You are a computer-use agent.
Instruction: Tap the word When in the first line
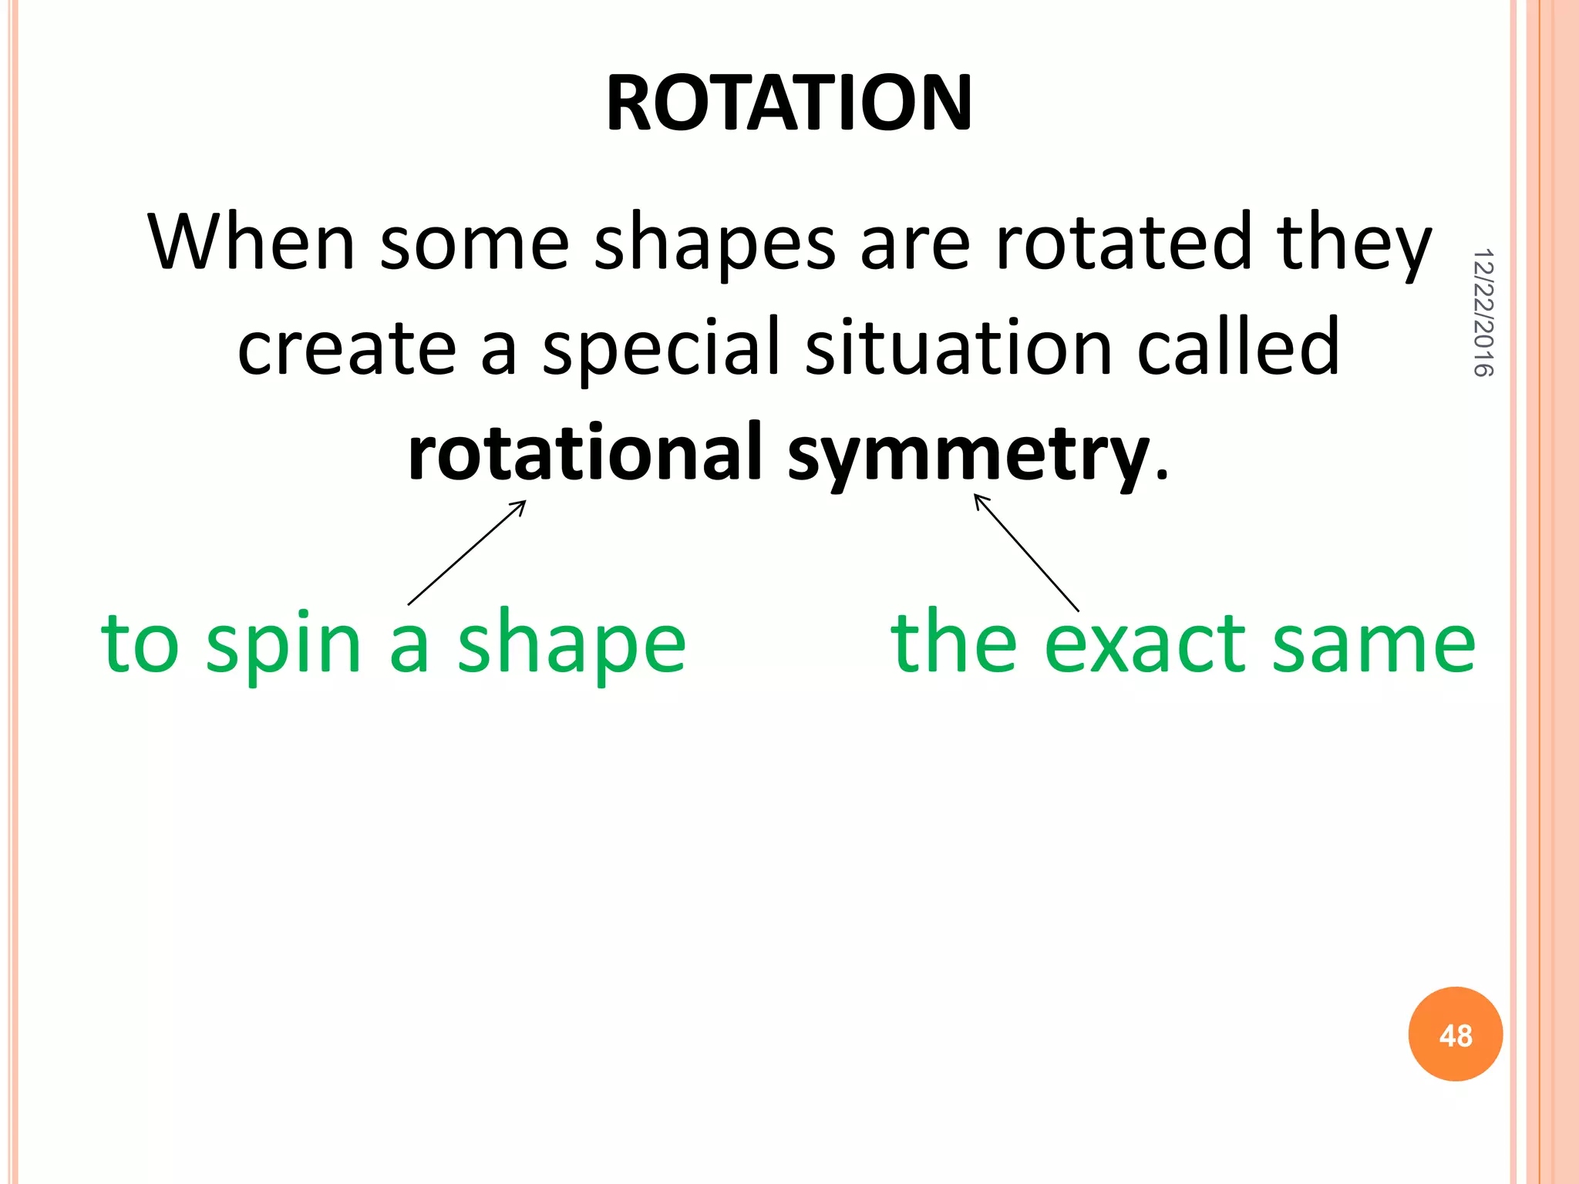coord(251,243)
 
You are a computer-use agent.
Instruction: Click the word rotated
coord(1123,243)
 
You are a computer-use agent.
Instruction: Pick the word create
coord(346,348)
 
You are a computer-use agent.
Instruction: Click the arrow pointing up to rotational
coord(467,552)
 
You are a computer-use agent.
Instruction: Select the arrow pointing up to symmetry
coord(1026,552)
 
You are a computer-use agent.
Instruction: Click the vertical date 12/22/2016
coord(1483,312)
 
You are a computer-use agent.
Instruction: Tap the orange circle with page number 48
coord(1455,1034)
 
